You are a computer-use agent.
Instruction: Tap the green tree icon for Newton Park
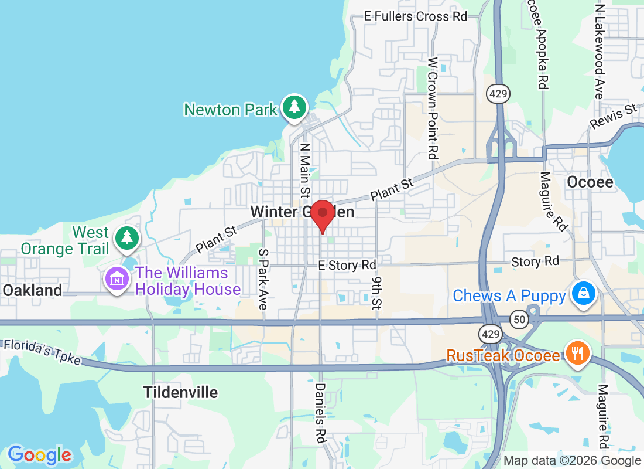point(294,107)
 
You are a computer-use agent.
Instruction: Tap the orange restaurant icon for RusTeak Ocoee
point(577,353)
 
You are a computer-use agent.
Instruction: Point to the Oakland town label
point(33,290)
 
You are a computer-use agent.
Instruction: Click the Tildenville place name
point(180,392)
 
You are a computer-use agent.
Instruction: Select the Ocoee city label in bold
point(590,182)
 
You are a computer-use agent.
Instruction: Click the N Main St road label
point(304,169)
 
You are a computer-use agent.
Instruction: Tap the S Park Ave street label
point(263,279)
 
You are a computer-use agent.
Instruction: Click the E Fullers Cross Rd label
point(416,16)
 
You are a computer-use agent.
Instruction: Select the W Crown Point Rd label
point(433,108)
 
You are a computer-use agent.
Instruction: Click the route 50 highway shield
point(517,320)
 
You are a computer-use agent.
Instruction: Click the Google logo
point(40,455)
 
